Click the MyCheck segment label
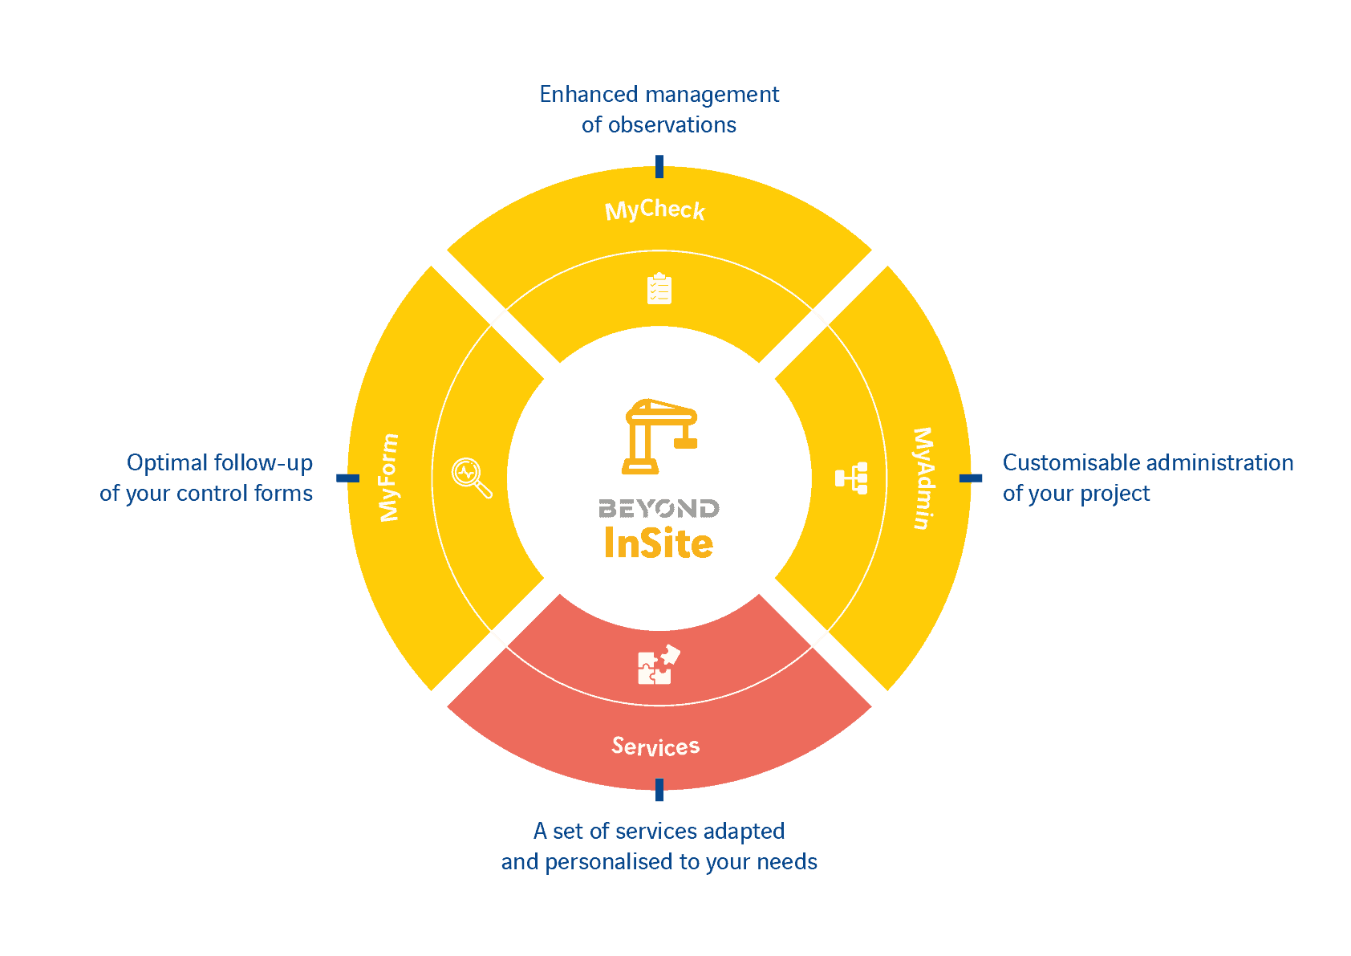point(655,210)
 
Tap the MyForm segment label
point(389,478)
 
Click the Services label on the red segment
point(655,746)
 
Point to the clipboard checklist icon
point(659,289)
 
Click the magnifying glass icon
point(471,478)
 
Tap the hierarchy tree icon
point(851,478)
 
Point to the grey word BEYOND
point(659,509)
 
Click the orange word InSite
point(659,543)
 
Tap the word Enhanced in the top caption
point(577,95)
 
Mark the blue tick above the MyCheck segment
point(659,166)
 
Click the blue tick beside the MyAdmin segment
point(971,478)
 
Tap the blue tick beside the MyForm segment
point(347,478)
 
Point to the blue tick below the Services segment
point(659,790)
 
